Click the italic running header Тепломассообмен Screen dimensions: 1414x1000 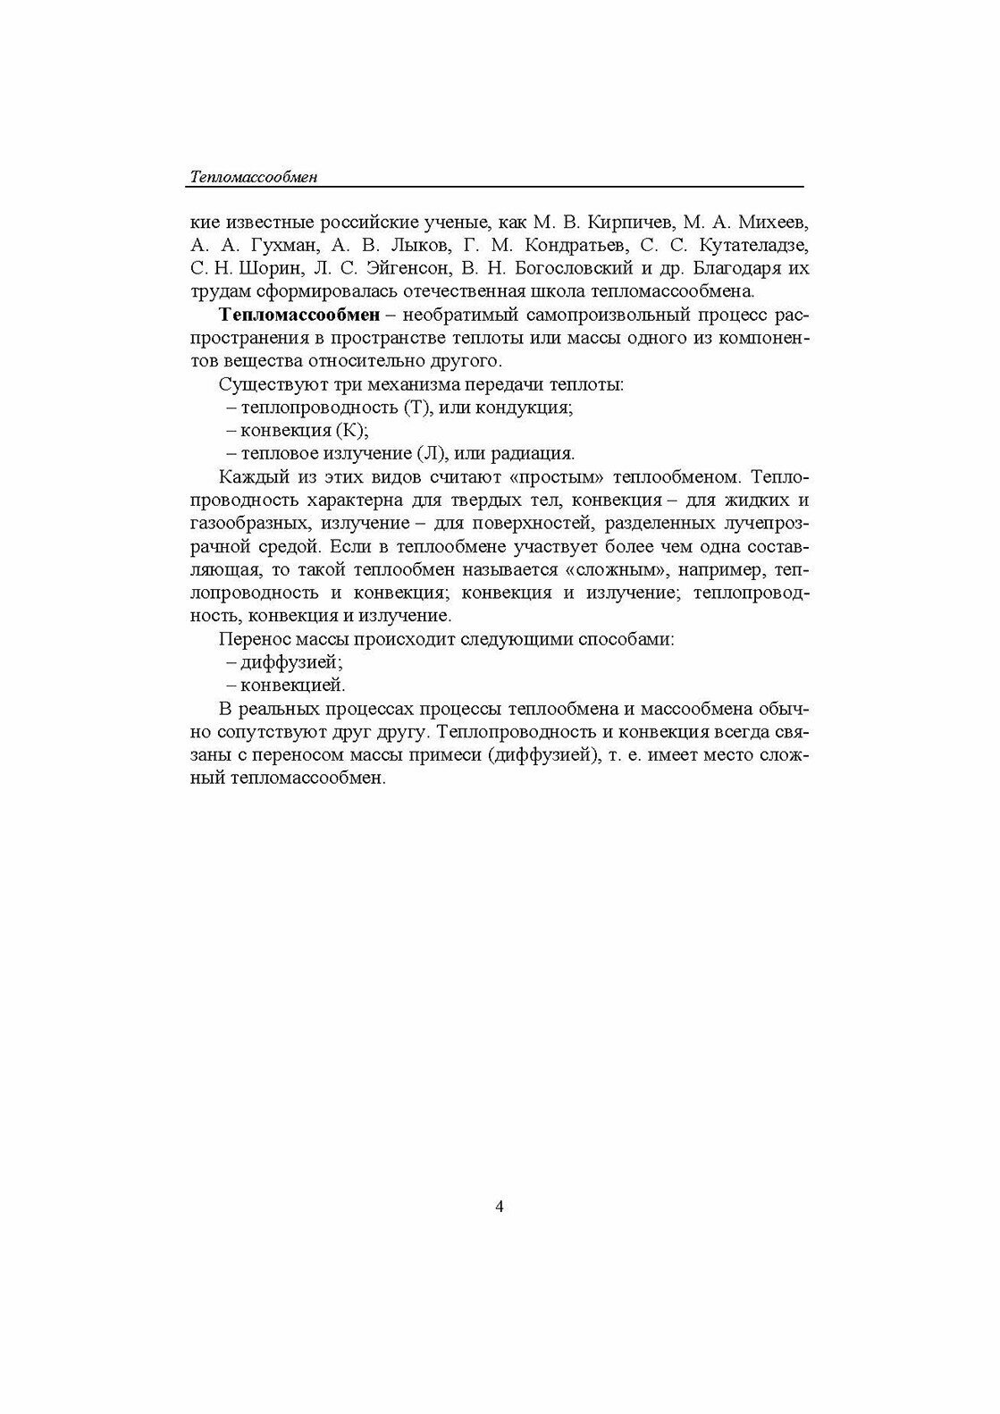coord(254,177)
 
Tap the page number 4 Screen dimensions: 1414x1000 coord(500,1207)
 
